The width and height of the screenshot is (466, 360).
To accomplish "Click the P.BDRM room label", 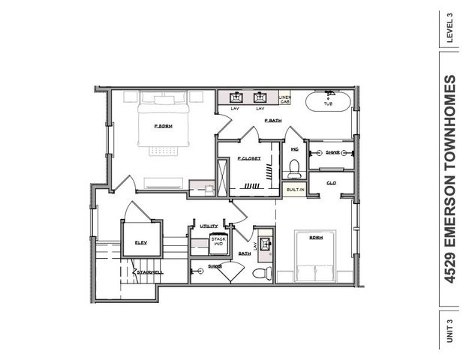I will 164,126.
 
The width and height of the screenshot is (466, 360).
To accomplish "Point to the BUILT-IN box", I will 295,190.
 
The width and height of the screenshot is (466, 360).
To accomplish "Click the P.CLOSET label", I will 249,159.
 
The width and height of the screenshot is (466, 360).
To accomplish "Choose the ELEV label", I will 140,242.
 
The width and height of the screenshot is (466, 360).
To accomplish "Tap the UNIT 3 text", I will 450,331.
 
